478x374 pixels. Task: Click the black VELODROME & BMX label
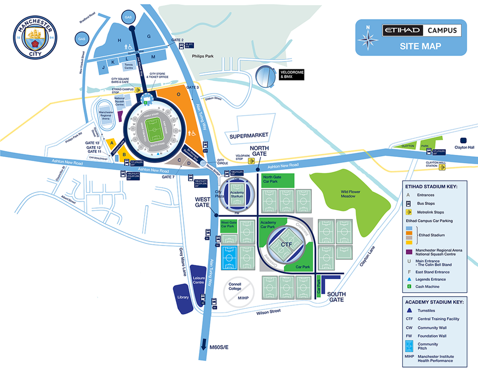point(292,74)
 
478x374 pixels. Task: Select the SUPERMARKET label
point(249,136)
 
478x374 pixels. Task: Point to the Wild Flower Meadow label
point(350,194)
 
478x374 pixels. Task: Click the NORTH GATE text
point(259,151)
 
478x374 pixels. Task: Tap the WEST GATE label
point(202,202)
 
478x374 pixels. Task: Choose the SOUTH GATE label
point(336,297)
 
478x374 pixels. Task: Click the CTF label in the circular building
point(286,244)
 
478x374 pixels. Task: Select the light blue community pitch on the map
point(229,258)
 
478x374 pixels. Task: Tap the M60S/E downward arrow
point(204,344)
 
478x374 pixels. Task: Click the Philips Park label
point(203,56)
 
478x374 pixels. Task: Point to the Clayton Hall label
point(464,147)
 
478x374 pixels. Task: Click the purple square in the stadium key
point(409,252)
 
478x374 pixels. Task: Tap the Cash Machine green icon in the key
point(409,287)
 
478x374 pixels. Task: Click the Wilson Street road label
point(268,312)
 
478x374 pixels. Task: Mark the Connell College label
point(235,286)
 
